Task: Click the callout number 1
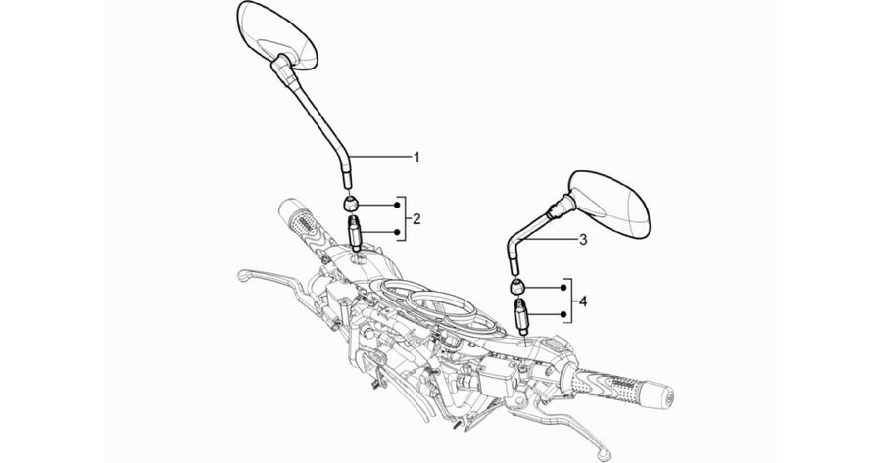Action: click(x=416, y=157)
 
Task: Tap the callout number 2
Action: click(x=416, y=218)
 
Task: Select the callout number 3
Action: click(x=583, y=240)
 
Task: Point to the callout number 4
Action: click(x=583, y=301)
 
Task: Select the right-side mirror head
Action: click(x=611, y=204)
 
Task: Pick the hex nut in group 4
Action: click(x=517, y=286)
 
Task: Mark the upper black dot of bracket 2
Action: click(x=397, y=206)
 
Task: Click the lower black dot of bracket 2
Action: click(x=397, y=231)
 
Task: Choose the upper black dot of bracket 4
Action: click(x=563, y=288)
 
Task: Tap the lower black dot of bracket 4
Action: click(x=563, y=314)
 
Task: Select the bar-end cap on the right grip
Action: click(x=664, y=396)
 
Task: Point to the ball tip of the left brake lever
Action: click(x=243, y=276)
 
